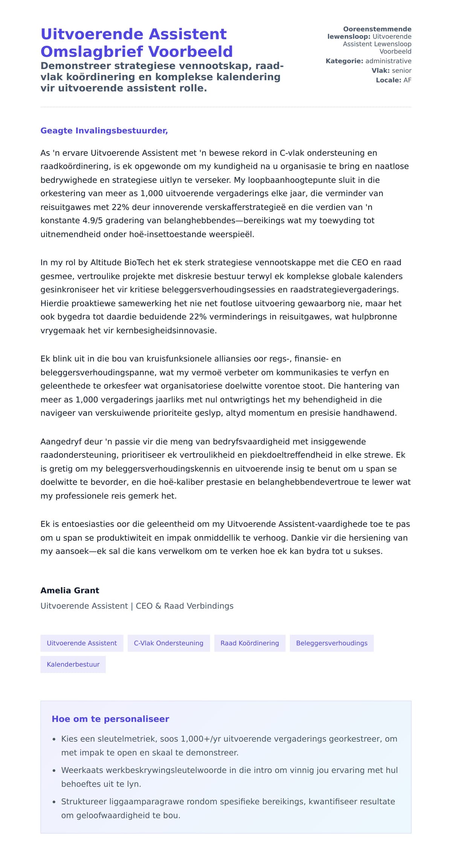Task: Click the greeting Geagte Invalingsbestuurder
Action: (104, 131)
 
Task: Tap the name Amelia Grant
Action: (70, 590)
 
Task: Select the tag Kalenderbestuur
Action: (73, 664)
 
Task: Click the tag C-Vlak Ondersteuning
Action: (168, 643)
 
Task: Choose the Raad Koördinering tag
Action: (250, 643)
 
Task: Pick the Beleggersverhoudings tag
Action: (331, 643)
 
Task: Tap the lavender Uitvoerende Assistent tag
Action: (82, 643)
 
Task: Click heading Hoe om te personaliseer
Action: (110, 719)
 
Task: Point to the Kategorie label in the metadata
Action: (344, 61)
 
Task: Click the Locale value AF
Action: (407, 80)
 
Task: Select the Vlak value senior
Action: (402, 70)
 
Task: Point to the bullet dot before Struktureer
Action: (54, 802)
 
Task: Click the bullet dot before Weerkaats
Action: (54, 771)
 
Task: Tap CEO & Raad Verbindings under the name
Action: (185, 606)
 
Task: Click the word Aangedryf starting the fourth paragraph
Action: (61, 441)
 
